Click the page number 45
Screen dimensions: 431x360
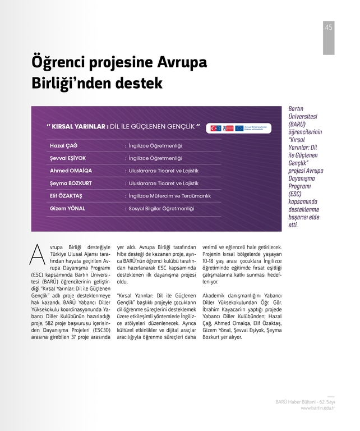[329, 27]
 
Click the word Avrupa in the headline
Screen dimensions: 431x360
[174, 62]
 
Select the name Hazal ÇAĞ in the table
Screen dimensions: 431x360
[63, 146]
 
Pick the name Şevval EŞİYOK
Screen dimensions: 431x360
[68, 158]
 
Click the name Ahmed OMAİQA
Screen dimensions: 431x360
[71, 171]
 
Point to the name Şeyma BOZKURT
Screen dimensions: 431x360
[71, 183]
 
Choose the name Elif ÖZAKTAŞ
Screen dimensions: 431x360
[66, 196]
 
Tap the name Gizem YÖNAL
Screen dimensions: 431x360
[67, 208]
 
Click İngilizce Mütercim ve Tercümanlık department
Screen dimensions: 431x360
[169, 196]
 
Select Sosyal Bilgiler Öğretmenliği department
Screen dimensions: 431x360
[161, 208]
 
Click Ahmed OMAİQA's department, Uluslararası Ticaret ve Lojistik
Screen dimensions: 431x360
[164, 171]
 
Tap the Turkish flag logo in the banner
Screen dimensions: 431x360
[216, 129]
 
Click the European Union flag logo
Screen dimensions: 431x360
[239, 129]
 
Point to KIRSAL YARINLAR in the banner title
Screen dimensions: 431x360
[76, 126]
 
